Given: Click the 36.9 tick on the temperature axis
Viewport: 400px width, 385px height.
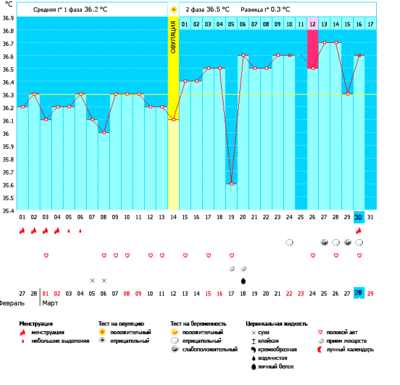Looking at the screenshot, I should (x=8, y=18).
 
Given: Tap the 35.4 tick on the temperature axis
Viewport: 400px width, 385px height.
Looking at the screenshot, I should (x=8, y=210).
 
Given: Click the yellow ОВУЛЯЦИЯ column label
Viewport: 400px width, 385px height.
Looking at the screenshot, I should (x=173, y=37).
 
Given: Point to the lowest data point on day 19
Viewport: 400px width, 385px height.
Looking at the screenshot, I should (x=231, y=184).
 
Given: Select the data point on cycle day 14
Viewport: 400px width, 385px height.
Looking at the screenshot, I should (x=173, y=119).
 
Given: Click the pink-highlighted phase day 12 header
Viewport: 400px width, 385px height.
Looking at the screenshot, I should (x=313, y=23).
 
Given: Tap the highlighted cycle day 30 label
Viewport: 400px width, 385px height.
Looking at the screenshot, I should (x=359, y=217).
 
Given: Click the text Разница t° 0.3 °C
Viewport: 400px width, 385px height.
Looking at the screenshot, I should (x=266, y=10).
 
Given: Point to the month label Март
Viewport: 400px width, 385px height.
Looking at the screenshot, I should (x=49, y=303).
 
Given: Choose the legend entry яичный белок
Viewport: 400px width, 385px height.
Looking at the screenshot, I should (x=276, y=366).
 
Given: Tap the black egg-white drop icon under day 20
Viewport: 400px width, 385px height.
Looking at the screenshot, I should (x=243, y=281).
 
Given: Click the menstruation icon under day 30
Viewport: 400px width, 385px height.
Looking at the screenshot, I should (x=359, y=231).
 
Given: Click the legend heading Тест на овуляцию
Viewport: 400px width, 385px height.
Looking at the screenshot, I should (x=121, y=323).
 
